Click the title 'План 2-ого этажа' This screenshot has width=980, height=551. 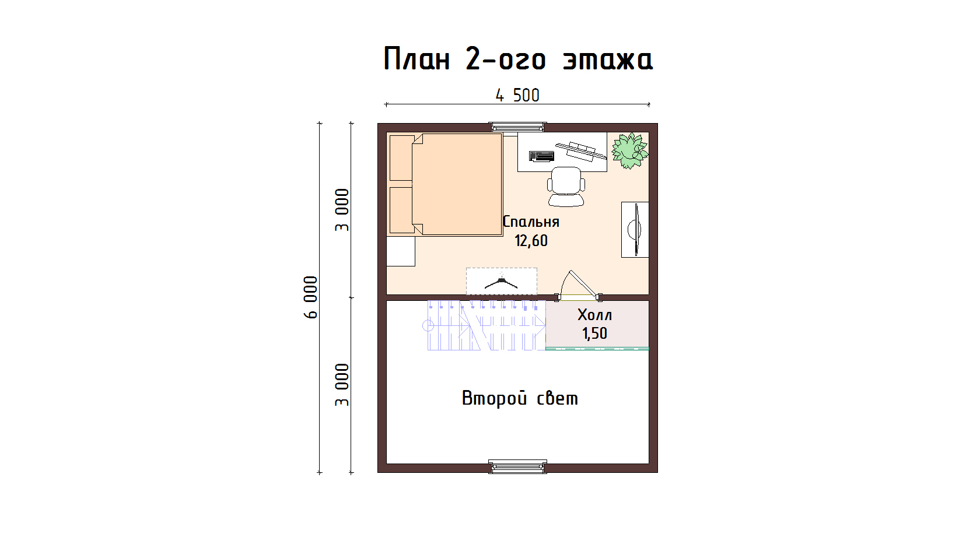click(x=518, y=59)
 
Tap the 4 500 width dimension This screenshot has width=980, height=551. click(x=517, y=96)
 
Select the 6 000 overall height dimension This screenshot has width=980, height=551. click(x=310, y=297)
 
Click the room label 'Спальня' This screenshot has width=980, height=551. click(x=531, y=222)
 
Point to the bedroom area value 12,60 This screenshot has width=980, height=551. click(x=531, y=240)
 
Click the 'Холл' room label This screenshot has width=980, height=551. click(x=594, y=315)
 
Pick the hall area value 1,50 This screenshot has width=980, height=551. click(x=594, y=334)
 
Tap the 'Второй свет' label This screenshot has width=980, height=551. click(x=520, y=398)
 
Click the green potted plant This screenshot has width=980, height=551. click(x=629, y=150)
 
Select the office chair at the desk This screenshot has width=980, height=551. click(x=566, y=187)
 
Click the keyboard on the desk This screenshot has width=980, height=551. click(x=541, y=156)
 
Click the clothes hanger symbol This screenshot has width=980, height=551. click(x=502, y=282)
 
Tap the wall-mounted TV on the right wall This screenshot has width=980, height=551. click(x=635, y=229)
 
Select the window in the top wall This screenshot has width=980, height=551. click(x=517, y=127)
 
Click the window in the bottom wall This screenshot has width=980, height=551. click(x=517, y=466)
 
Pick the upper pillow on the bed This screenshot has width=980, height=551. click(x=401, y=158)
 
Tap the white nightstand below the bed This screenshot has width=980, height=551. click(x=401, y=251)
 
